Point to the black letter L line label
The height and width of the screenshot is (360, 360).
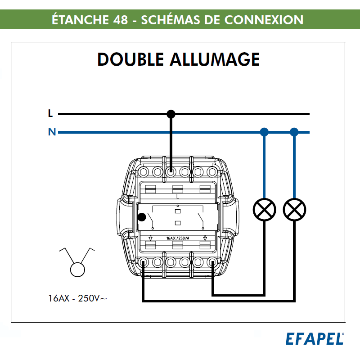pyautogui.click(x=50, y=114)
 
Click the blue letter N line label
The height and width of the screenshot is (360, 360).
pyautogui.click(x=52, y=132)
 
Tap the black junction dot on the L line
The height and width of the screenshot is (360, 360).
pyautogui.click(x=171, y=114)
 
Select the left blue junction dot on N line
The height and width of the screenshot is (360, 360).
pyautogui.click(x=264, y=132)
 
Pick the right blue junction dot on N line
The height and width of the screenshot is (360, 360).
pyautogui.click(x=294, y=132)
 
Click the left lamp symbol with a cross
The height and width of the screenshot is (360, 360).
pyautogui.click(x=264, y=209)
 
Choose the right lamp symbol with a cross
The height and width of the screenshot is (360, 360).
pyautogui.click(x=294, y=209)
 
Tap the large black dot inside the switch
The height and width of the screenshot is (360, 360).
pyautogui.click(x=141, y=217)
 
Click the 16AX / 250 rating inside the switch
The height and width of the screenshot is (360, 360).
pyautogui.click(x=177, y=238)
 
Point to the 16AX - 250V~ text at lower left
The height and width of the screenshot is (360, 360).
pyautogui.click(x=78, y=298)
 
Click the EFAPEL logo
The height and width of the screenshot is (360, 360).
pyautogui.click(x=315, y=338)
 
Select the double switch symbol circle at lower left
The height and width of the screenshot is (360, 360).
pyautogui.click(x=77, y=269)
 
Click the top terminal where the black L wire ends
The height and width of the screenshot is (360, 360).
pyautogui.click(x=171, y=171)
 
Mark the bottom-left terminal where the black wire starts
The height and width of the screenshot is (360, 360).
pyautogui.click(x=143, y=262)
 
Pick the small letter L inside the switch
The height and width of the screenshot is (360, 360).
pyautogui.click(x=177, y=197)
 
